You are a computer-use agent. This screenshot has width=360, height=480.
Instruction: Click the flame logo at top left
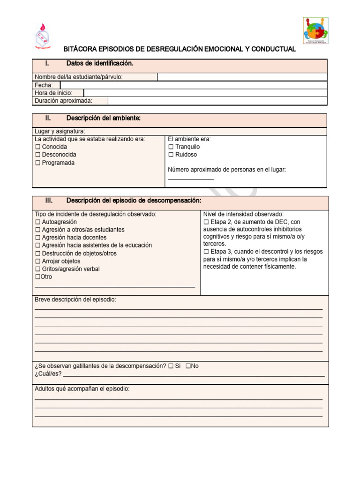43,36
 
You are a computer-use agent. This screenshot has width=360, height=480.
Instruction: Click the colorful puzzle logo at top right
315,30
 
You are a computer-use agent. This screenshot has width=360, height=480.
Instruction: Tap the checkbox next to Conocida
37,147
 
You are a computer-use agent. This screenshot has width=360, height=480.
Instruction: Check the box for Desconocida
37,155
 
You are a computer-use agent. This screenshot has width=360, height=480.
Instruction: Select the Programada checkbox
37,163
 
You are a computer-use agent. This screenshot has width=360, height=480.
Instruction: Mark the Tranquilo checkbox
171,147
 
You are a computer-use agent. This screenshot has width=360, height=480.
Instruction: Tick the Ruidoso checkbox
171,155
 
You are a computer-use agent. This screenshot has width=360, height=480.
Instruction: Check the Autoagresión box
37,222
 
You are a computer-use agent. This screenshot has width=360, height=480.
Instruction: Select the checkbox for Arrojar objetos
37,261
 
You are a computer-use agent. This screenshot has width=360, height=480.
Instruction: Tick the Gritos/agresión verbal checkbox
37,269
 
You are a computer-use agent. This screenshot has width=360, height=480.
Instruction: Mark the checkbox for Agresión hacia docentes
37,238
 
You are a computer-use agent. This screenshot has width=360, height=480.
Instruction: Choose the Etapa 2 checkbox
206,222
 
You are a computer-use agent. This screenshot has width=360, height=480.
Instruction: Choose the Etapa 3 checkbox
206,252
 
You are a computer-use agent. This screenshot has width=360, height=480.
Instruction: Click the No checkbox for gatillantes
188,366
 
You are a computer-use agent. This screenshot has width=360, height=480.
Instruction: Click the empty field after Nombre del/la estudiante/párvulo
242,77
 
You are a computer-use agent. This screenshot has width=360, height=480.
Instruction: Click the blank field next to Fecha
193,85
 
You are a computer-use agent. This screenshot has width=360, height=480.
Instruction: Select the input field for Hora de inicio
205,93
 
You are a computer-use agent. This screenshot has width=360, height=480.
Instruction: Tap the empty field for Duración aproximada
217,101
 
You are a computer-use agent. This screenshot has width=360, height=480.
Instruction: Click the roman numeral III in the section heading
49,201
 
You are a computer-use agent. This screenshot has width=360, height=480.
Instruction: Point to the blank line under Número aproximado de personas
191,179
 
